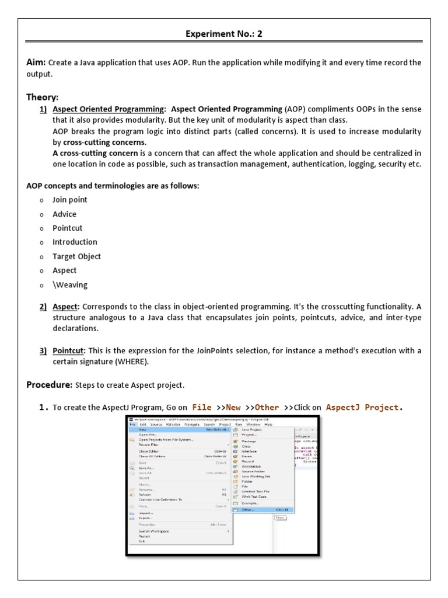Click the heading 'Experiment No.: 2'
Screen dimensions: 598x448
point(224,34)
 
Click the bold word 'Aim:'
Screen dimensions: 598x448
point(36,62)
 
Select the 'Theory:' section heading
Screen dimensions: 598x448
point(43,97)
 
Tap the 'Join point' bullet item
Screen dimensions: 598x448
point(70,200)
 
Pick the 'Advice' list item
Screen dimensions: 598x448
point(65,214)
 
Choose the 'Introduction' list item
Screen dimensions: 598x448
point(75,242)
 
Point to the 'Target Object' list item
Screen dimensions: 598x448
point(76,256)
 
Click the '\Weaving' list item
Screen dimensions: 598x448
point(70,285)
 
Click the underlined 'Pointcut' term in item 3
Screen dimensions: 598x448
point(69,350)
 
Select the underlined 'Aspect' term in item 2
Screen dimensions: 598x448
point(65,307)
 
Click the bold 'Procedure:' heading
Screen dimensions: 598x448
point(49,385)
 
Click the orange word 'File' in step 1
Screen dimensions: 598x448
point(202,407)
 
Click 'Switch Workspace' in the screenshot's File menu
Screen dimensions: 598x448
point(153,531)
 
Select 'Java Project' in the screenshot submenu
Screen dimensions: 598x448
point(250,429)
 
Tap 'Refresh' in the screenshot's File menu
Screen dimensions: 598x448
point(146,495)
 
